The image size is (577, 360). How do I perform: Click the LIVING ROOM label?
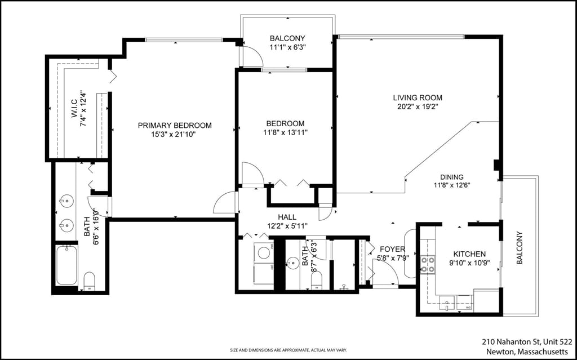tap(418, 97)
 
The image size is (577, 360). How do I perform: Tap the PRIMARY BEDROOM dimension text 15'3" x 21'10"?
tap(175, 135)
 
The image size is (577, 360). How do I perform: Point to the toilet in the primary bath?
tap(89, 280)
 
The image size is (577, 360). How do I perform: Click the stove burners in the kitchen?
tap(428, 264)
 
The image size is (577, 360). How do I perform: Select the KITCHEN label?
tap(468, 254)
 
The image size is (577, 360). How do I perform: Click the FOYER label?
tap(392, 249)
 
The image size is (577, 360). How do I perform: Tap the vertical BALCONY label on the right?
tap(520, 248)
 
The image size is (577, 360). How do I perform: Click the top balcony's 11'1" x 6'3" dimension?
tap(287, 48)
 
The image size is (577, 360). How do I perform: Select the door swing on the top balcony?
tap(252, 56)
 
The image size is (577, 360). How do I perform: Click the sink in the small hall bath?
tap(292, 263)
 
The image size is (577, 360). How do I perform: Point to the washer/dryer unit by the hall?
tap(263, 262)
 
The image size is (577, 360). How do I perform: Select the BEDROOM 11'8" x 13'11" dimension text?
tap(285, 132)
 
